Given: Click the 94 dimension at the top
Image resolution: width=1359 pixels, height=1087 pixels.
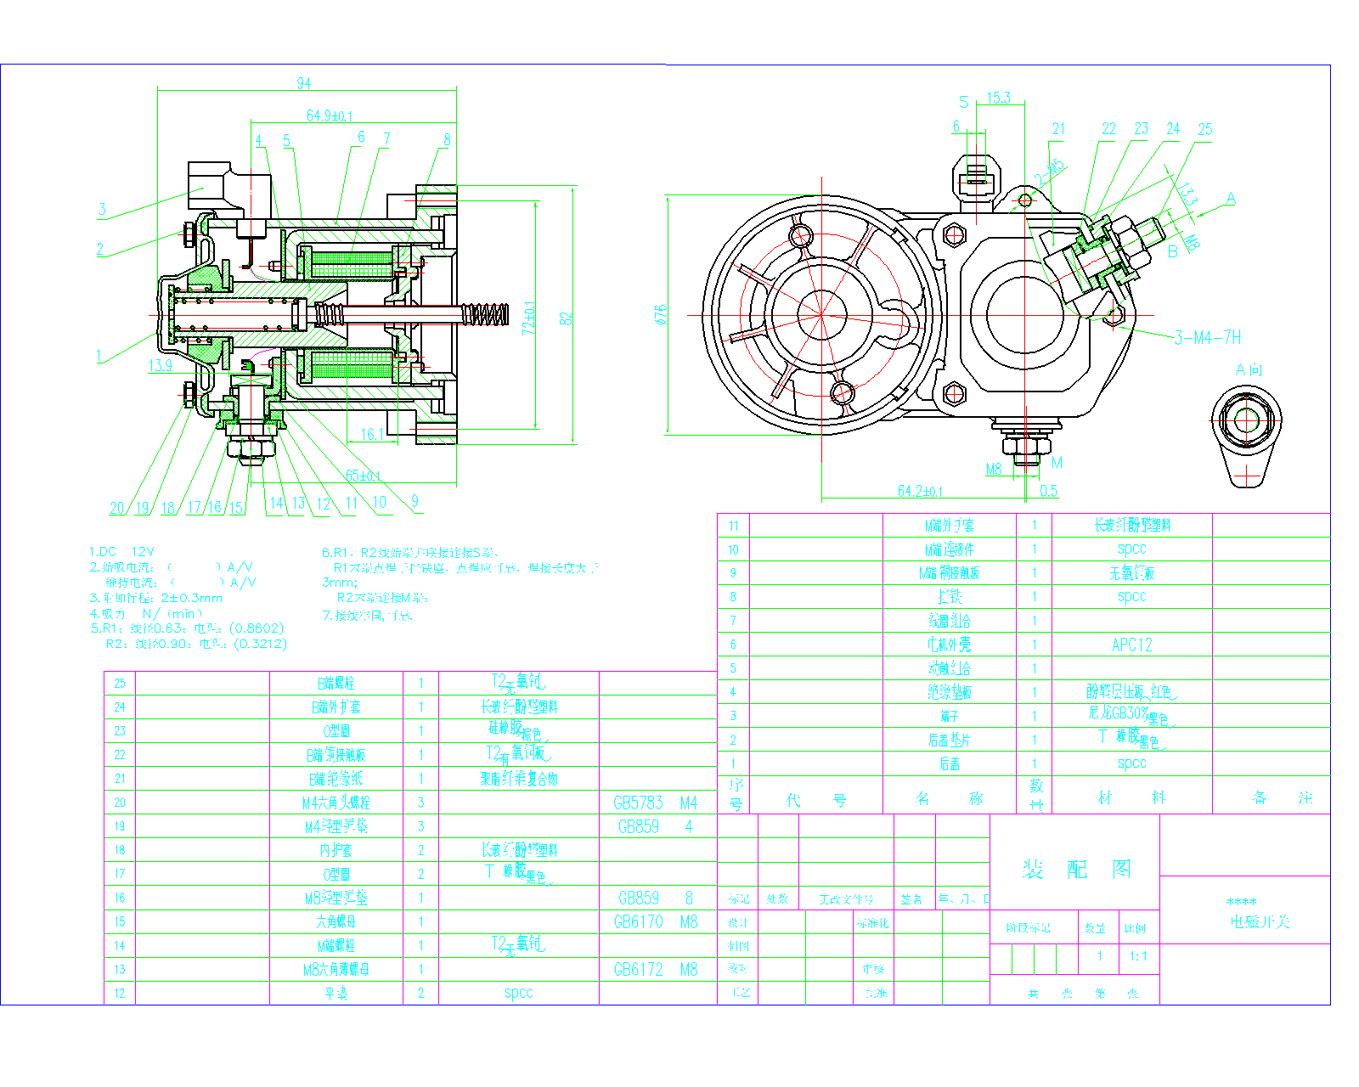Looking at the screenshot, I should tap(303, 83).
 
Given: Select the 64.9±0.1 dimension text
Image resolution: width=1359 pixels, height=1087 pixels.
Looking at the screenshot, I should tap(330, 115).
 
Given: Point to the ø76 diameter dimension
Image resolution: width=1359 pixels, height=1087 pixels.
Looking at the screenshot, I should tap(662, 315).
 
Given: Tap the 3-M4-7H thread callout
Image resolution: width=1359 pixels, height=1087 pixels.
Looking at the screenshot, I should tap(1207, 338).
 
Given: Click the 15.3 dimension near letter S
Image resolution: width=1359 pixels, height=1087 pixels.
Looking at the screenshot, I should tap(999, 98).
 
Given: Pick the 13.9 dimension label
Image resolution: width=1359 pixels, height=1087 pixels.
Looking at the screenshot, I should tap(161, 366).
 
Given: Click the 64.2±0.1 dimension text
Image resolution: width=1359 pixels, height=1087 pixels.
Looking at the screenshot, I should tap(920, 491).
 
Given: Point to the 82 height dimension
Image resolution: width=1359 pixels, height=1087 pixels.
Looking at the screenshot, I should tap(567, 318).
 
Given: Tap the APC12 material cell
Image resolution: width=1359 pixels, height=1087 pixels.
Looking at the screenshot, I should tap(1131, 645).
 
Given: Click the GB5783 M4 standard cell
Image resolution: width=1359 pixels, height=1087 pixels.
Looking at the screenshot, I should tap(655, 803).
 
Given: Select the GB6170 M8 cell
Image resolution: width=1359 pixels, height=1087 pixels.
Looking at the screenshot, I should tap(655, 922).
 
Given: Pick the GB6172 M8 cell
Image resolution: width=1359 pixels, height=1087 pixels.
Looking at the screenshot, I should tap(655, 970).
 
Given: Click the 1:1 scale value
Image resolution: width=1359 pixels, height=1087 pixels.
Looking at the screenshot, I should tap(1138, 956).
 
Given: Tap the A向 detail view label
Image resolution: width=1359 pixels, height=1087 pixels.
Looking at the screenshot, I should tap(1249, 370).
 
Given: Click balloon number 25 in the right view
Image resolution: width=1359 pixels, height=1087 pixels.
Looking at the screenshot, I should tap(1204, 130).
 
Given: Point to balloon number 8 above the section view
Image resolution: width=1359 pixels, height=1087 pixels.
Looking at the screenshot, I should tap(447, 140).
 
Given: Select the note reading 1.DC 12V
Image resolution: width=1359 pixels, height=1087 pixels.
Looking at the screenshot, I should tap(121, 552).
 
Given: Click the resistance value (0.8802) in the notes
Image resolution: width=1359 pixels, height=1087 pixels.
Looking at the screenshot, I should tap(257, 628).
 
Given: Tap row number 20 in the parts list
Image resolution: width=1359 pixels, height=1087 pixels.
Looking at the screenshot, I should tap(120, 803).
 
